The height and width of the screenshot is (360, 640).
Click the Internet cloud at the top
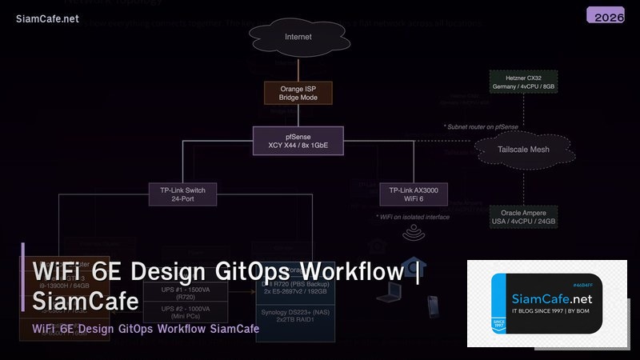pos(298,36)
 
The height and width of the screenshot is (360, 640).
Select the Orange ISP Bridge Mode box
pos(298,92)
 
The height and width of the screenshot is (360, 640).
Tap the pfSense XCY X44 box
pos(298,141)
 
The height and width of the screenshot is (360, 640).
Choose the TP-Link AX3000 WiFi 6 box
pos(414,195)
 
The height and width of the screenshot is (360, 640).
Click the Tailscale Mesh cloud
pos(524,150)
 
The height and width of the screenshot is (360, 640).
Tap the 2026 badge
pos(606,15)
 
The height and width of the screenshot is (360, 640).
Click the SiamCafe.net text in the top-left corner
pos(47,18)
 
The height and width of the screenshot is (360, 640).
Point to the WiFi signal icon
pos(413,233)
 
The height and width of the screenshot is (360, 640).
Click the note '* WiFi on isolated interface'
pos(413,217)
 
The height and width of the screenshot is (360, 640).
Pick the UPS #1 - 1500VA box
pos(185,291)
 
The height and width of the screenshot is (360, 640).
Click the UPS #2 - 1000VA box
pos(185,313)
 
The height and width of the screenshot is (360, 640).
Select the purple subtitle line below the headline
pos(146,329)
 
